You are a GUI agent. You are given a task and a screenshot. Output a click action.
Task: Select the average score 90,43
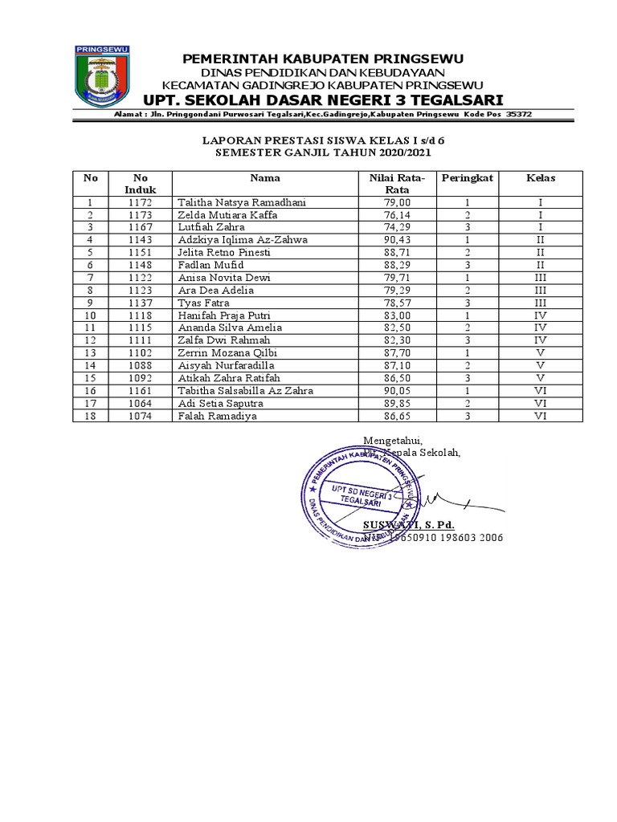point(398,240)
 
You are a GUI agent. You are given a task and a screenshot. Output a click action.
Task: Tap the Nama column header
point(264,178)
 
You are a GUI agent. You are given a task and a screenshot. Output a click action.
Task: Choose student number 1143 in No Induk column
point(141,240)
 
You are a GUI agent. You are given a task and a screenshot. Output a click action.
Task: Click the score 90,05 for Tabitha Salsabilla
point(398,391)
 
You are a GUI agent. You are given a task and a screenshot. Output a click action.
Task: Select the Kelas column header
point(541,178)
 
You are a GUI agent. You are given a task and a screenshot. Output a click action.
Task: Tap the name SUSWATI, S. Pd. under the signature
point(408,525)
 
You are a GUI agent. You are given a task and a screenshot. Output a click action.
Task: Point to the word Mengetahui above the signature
point(392,441)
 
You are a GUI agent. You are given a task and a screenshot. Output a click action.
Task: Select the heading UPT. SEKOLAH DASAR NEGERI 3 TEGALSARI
point(322,100)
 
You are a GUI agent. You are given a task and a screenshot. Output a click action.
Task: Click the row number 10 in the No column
point(91,315)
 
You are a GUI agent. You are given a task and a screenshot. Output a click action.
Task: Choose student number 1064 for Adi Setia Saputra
point(141,403)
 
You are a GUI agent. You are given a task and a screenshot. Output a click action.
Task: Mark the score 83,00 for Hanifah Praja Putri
point(398,315)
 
